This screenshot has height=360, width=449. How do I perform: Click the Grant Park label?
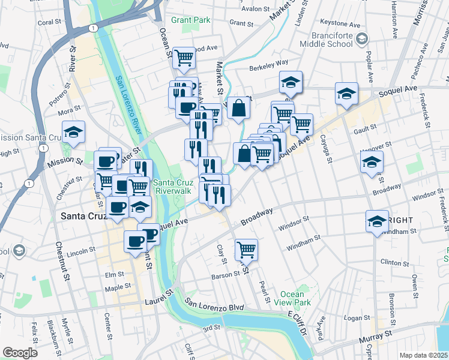tap(190, 20)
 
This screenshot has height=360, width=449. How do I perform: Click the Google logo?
tap(20, 353)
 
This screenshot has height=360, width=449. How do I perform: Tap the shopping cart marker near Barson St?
tap(246, 248)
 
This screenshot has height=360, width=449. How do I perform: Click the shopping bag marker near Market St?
tap(239, 107)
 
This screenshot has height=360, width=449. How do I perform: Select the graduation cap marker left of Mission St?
tap(73, 132)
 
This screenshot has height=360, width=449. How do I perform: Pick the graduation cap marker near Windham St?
tap(377, 220)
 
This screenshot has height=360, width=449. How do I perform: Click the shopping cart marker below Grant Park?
tap(184, 58)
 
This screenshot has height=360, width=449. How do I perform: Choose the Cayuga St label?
tap(328, 149)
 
